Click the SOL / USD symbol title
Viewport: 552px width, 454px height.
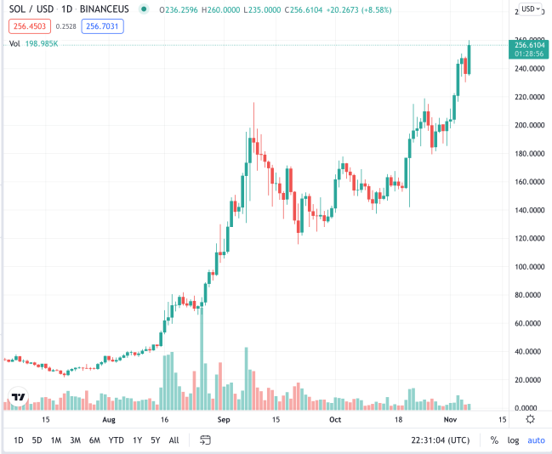tap(35, 9)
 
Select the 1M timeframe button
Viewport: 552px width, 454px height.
tap(56, 440)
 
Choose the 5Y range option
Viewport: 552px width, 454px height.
tap(155, 440)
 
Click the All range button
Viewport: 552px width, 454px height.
tap(174, 440)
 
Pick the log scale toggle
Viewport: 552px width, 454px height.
tap(514, 440)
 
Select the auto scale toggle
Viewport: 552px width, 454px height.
tap(536, 440)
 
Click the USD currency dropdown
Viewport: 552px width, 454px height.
tap(531, 9)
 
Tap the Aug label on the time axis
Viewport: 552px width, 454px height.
tap(109, 420)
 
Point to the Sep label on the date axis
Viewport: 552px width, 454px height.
tap(223, 420)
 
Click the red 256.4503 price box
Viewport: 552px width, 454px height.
tap(27, 26)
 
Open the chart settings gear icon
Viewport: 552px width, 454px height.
tap(530, 419)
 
